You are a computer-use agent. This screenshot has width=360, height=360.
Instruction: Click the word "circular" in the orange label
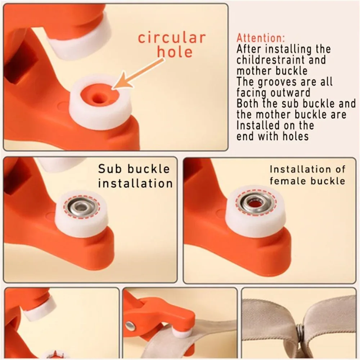[172, 38]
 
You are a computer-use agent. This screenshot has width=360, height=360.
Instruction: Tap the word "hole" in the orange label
[175, 52]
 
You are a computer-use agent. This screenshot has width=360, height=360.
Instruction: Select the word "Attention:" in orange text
[261, 38]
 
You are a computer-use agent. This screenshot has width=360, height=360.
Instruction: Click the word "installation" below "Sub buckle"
[135, 183]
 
